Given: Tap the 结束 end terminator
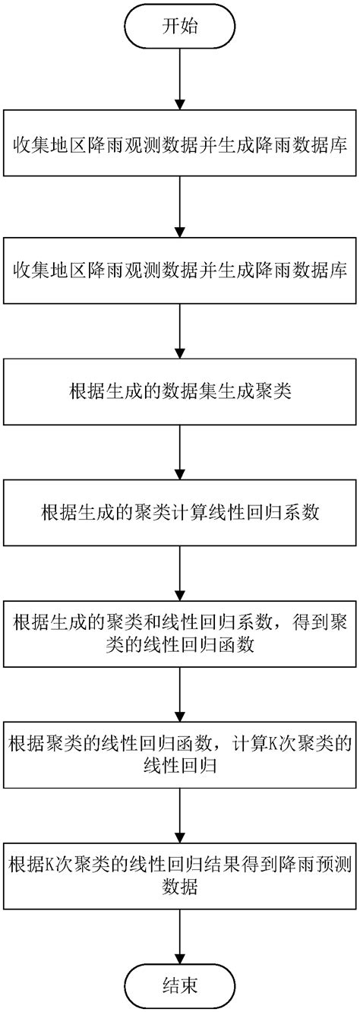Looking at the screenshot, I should [179, 985].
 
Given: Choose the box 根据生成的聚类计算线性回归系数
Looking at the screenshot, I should [179, 514].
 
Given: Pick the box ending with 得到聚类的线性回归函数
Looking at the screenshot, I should [179, 634].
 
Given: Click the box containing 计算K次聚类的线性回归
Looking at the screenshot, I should [179, 753].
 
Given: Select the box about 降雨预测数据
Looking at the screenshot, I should [179, 873].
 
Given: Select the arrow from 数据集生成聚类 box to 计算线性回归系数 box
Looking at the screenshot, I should [179, 453].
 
